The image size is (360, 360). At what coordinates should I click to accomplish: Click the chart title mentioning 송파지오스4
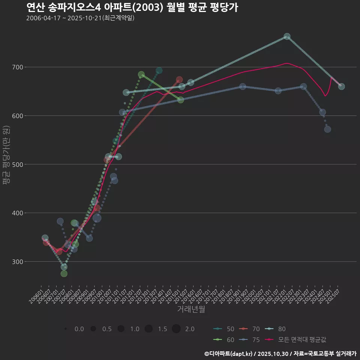(132, 7)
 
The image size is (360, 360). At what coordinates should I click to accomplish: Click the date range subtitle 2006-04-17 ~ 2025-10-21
(80, 18)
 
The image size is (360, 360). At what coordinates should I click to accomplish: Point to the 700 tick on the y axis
(18, 67)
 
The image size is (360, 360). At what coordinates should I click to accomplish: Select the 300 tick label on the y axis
(18, 261)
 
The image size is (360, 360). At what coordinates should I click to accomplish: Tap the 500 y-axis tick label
(18, 164)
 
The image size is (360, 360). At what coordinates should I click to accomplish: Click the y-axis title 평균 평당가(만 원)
(6, 155)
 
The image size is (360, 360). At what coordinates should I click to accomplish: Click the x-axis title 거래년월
(191, 309)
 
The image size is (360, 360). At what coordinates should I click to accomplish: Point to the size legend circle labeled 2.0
(177, 329)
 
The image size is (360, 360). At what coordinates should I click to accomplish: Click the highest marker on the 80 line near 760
(287, 36)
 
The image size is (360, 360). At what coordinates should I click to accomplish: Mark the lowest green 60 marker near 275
(64, 274)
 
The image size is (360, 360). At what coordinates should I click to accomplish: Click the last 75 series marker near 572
(327, 129)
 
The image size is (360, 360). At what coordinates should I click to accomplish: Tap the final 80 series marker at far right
(341, 87)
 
